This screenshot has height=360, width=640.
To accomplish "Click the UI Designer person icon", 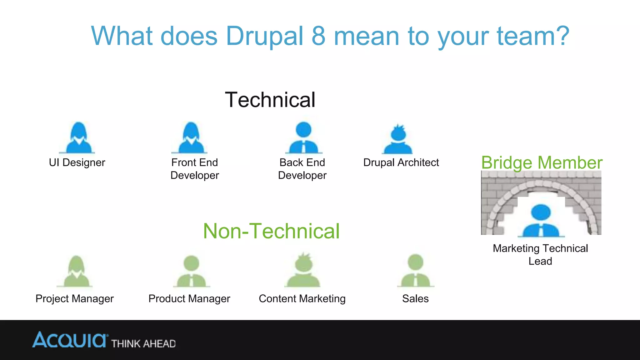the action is click(x=77, y=138).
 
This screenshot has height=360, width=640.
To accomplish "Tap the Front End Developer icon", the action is click(x=190, y=138).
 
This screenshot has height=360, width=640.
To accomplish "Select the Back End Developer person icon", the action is click(x=303, y=138).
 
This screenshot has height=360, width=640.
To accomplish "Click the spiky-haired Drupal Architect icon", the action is click(x=398, y=139).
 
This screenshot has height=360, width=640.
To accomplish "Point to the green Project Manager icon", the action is click(x=75, y=271).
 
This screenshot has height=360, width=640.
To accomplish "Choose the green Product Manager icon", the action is click(x=191, y=271).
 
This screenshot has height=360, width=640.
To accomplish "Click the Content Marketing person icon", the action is click(x=303, y=271).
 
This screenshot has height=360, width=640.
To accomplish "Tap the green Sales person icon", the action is click(x=416, y=271).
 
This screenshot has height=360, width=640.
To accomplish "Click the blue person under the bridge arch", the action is click(x=541, y=221).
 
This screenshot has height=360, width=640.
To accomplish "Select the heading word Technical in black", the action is click(x=270, y=100).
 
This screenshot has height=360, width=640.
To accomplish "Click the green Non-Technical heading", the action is click(x=271, y=231).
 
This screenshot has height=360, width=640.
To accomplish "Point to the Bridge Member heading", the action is click(x=542, y=163).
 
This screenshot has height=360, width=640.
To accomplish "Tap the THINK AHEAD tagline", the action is click(x=143, y=344).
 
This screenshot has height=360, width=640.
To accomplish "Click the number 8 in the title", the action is click(x=318, y=36).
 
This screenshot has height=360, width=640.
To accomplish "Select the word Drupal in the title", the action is click(x=264, y=36).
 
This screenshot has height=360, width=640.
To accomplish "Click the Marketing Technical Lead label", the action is click(x=540, y=254).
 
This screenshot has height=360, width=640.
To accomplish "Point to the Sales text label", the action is click(x=415, y=298).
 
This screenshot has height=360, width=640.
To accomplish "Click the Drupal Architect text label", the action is click(x=401, y=162).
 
